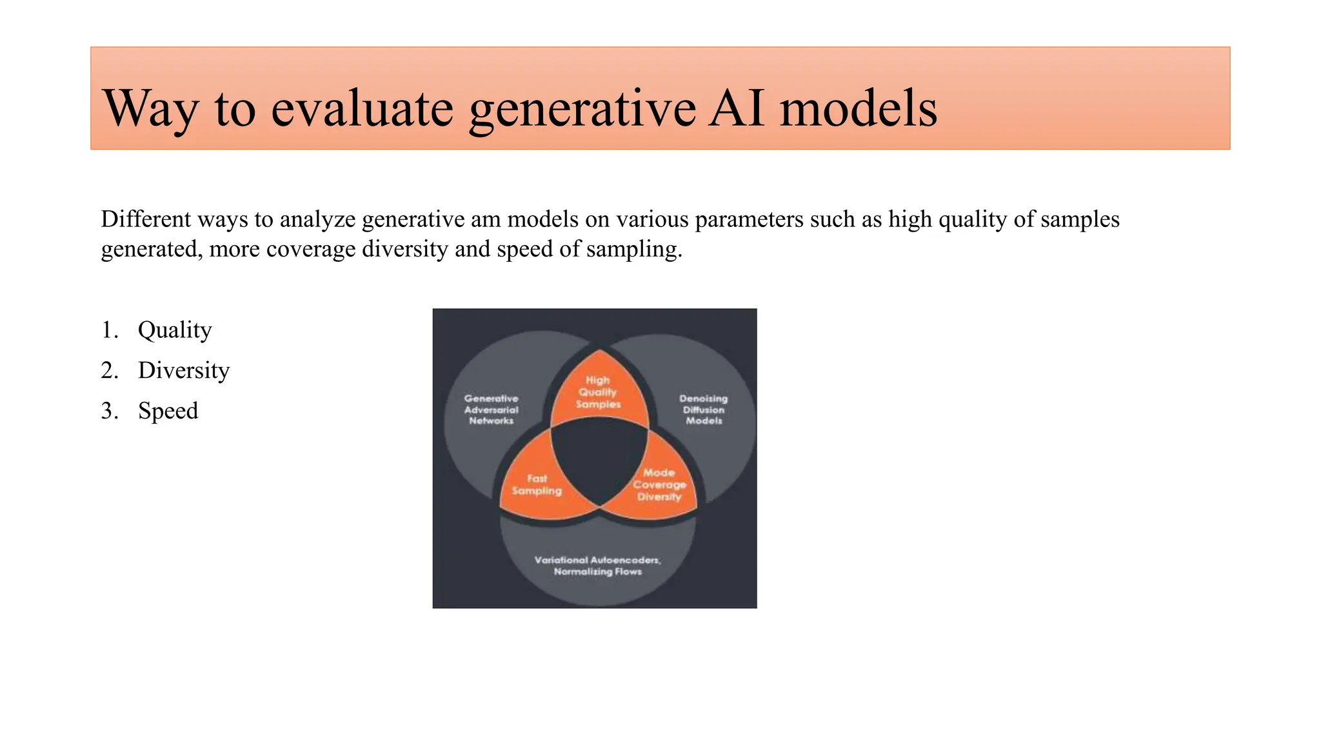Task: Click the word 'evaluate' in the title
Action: tap(362, 108)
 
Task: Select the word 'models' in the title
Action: tap(858, 108)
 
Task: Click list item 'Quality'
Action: tap(175, 330)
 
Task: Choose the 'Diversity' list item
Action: tap(184, 370)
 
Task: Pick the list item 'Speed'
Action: tap(168, 411)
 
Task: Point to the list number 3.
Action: tap(109, 411)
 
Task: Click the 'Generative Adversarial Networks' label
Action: tap(491, 410)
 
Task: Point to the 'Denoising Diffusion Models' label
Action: tap(704, 410)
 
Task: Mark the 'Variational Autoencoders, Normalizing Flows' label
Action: tap(597, 566)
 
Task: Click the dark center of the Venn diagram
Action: tap(599, 458)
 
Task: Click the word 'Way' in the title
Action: tap(150, 108)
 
